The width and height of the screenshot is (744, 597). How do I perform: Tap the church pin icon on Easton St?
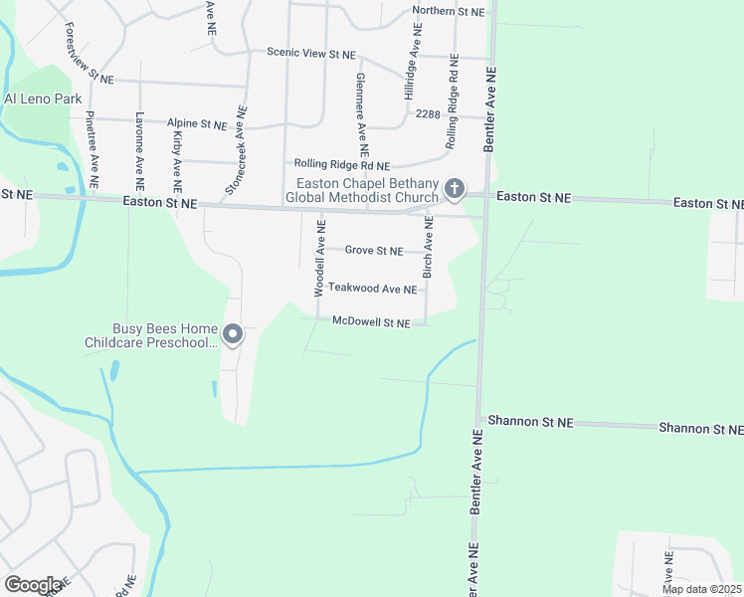[x=454, y=188]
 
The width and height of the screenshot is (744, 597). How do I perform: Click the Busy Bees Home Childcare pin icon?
[x=233, y=335]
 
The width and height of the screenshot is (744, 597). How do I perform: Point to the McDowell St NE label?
[x=371, y=322]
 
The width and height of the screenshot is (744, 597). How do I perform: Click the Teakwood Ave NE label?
[x=372, y=289]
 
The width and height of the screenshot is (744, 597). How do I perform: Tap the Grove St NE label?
[x=374, y=251]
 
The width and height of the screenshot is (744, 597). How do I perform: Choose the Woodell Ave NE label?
[x=320, y=259]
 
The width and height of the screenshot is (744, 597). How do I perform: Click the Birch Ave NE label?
[x=429, y=249]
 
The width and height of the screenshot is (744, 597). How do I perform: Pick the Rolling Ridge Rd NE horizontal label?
[x=340, y=165]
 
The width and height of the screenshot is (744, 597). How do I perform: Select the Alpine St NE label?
[x=197, y=124]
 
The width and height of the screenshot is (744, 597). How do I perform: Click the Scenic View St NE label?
[x=310, y=52]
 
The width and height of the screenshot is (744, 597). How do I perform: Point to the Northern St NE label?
[x=449, y=12]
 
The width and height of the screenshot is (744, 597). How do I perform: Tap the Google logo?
[x=33, y=585]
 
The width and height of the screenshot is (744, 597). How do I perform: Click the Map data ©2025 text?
[x=701, y=589]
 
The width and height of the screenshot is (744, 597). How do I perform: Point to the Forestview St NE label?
[x=88, y=54]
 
